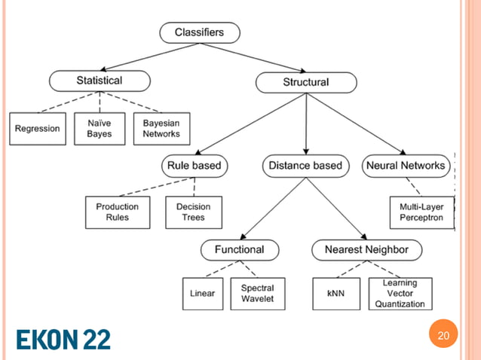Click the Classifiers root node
[200, 32]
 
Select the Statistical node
[99, 80]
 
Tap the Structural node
[305, 81]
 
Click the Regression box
[37, 128]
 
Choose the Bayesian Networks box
[161, 128]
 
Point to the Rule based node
[194, 166]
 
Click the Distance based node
[305, 166]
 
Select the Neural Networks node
[406, 166]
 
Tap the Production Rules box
[118, 212]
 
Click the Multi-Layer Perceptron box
[421, 212]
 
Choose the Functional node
[239, 249]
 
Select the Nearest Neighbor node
[367, 249]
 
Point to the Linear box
[202, 294]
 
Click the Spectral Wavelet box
[258, 293]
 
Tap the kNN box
[335, 294]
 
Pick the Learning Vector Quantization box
[400, 294]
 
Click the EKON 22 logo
[63, 339]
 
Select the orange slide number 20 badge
[443, 335]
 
